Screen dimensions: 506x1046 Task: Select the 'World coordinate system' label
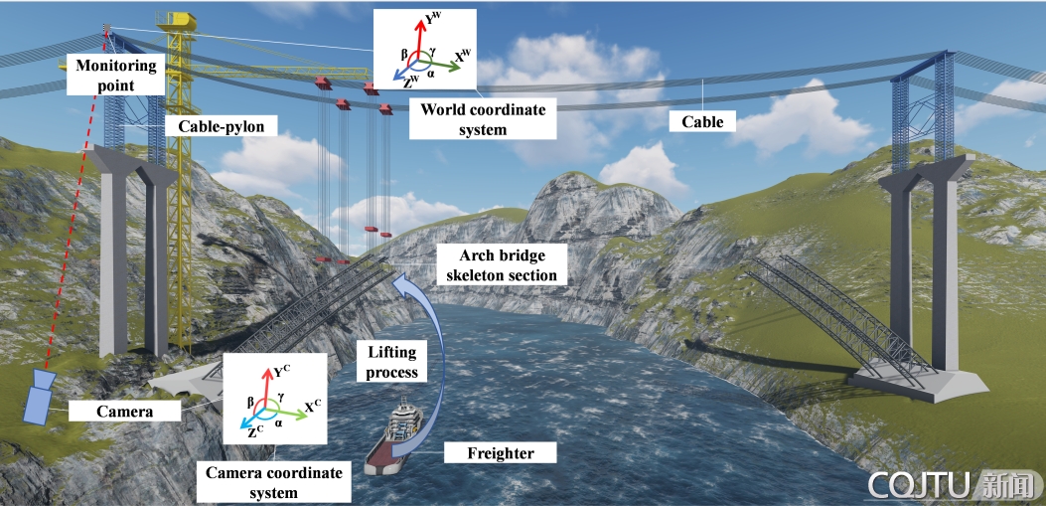[x=483, y=119]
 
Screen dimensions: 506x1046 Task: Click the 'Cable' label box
[x=702, y=122]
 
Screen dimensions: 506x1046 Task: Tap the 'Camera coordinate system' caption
[x=273, y=482]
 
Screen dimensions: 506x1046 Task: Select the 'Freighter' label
[x=501, y=454]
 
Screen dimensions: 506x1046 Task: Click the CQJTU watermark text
[x=919, y=485]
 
